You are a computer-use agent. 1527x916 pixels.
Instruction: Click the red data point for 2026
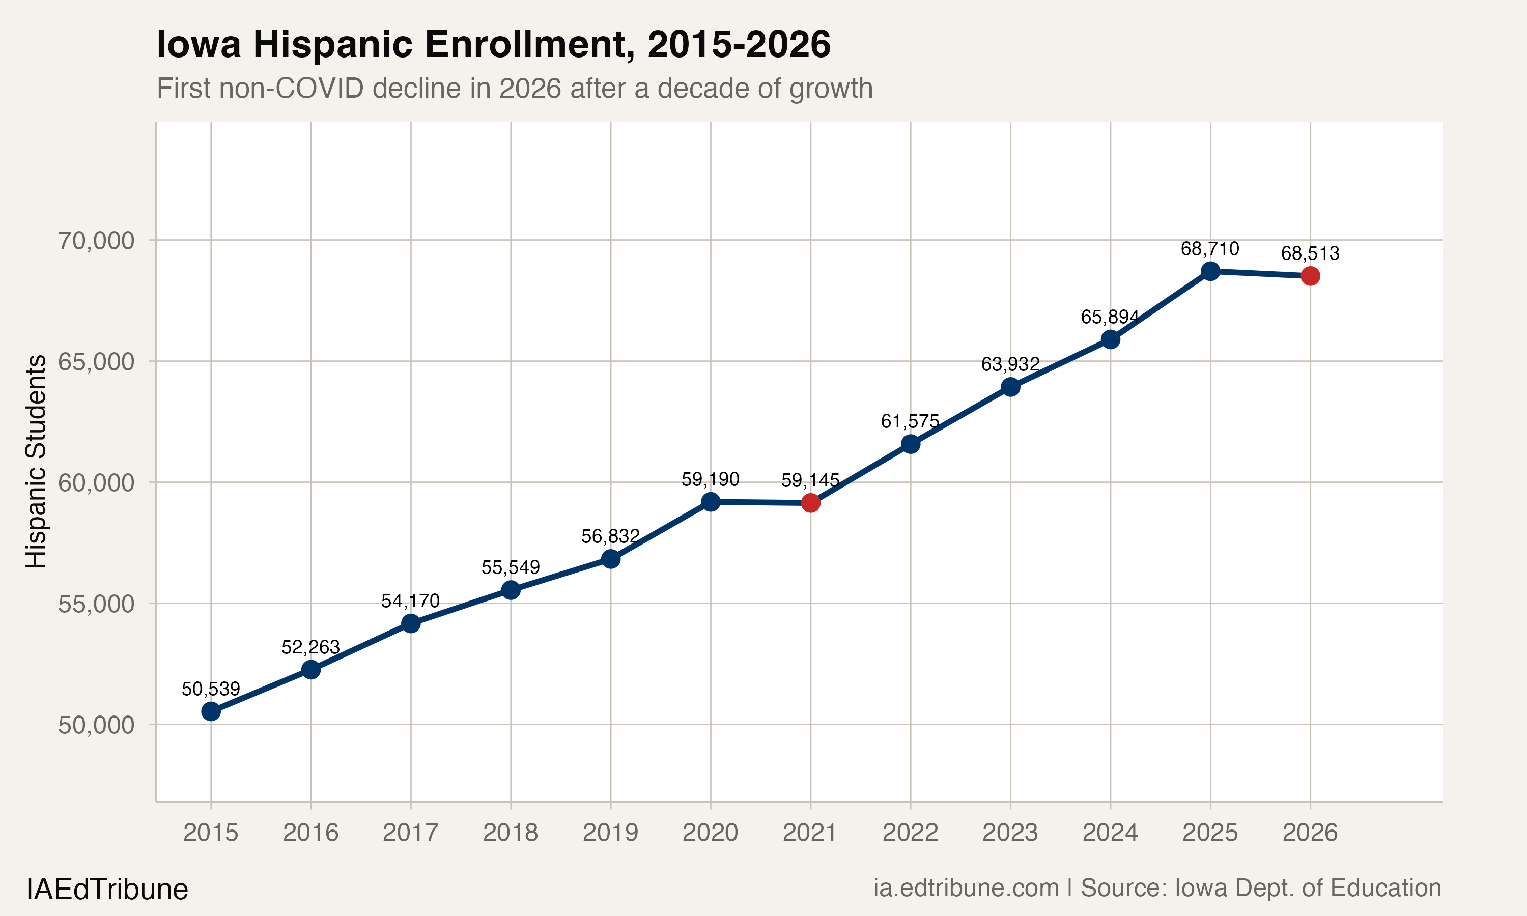coord(1310,276)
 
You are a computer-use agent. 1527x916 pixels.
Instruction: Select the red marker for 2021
coord(810,503)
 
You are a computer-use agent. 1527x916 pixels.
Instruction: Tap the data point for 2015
coord(211,711)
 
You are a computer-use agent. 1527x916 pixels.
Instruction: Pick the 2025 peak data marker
coord(1210,271)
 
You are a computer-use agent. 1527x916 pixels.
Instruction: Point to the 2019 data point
coord(610,559)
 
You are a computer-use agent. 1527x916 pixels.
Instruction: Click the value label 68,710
coord(1209,249)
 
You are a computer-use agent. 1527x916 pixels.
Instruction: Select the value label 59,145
coord(810,480)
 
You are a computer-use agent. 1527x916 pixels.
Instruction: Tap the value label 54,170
coord(410,600)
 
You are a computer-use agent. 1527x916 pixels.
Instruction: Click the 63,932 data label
coord(1010,364)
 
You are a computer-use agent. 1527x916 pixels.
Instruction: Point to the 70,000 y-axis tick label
coord(96,240)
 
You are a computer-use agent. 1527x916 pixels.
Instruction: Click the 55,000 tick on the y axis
coord(96,604)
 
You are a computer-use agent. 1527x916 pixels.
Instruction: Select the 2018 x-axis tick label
coord(510,833)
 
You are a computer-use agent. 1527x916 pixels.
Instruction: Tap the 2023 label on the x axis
coord(1010,833)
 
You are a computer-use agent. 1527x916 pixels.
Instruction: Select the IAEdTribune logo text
coord(107,890)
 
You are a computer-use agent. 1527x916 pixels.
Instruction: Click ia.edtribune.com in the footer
coord(966,888)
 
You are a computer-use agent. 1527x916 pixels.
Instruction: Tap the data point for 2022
coord(911,444)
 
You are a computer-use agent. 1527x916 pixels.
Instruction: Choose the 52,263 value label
coord(310,647)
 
